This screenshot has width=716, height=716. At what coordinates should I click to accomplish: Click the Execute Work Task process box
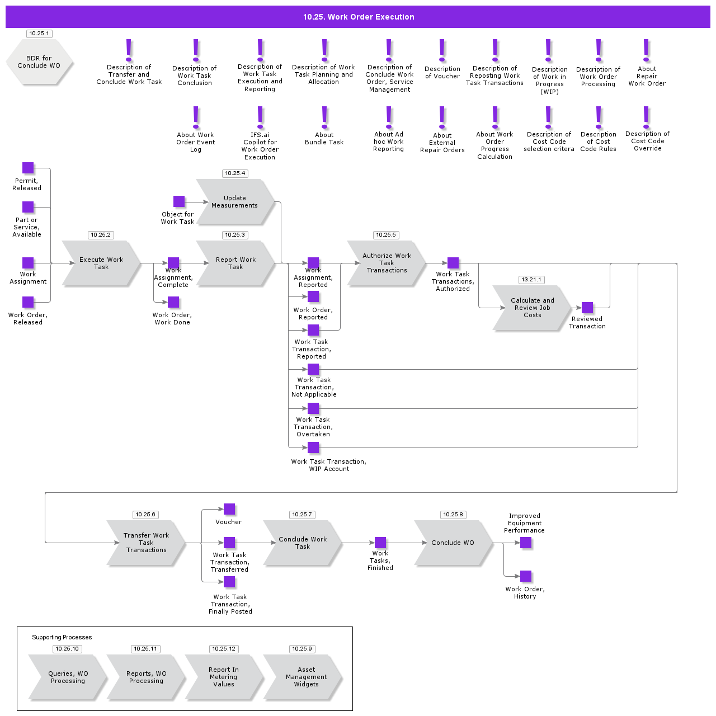[101, 263]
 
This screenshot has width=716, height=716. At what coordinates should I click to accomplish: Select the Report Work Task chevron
[235, 263]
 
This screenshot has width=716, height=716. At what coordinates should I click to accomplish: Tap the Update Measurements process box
[235, 202]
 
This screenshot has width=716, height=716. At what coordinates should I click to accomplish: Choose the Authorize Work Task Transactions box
[387, 263]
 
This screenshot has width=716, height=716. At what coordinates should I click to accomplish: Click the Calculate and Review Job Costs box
[532, 308]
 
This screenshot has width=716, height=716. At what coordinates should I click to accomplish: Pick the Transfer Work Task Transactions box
[146, 543]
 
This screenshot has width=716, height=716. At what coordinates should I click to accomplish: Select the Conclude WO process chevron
[453, 543]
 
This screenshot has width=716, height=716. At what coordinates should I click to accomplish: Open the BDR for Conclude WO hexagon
[39, 62]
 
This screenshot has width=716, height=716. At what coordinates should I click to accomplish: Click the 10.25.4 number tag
[235, 173]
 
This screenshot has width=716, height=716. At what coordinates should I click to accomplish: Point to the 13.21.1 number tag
[531, 280]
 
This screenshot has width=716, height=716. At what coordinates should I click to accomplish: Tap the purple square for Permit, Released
[28, 168]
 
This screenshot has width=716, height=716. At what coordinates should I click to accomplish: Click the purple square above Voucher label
[229, 509]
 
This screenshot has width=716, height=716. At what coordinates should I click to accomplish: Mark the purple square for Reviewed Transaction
[587, 308]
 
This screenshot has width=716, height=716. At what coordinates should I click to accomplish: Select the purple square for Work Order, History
[526, 576]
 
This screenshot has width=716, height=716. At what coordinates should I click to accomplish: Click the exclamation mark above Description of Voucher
[442, 50]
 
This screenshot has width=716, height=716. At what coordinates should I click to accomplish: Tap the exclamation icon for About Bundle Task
[324, 117]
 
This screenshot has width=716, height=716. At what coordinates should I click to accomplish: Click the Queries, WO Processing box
[68, 677]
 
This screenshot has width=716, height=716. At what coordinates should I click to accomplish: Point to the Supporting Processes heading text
[62, 637]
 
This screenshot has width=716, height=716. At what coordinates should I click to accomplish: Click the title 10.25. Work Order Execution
[358, 17]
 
